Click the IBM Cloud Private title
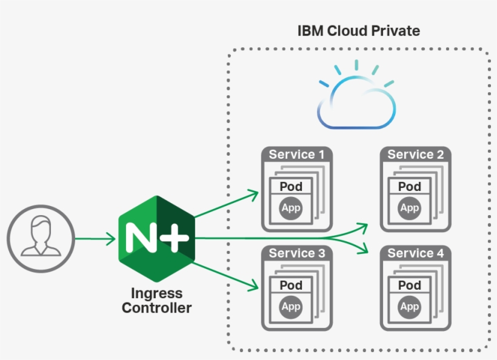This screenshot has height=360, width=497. click(358, 30)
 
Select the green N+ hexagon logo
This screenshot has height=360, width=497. click(157, 238)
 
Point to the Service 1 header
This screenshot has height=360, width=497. click(296, 155)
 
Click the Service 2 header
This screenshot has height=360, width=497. click(415, 155)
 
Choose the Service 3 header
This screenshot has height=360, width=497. click(296, 253)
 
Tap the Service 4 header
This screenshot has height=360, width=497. click(415, 253)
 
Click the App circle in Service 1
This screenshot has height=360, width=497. click(291, 208)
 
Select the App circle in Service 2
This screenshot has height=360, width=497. click(410, 208)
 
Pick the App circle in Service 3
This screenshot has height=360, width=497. click(291, 307)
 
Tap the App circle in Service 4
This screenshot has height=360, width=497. click(410, 307)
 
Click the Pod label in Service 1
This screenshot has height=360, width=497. click(291, 187)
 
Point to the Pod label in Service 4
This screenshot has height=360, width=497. click(410, 285)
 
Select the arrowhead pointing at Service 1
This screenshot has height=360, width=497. click(254, 195)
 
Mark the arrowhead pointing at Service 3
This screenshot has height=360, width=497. click(254, 283)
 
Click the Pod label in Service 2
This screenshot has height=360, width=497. click(410, 187)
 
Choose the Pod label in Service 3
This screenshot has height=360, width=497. click(291, 285)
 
